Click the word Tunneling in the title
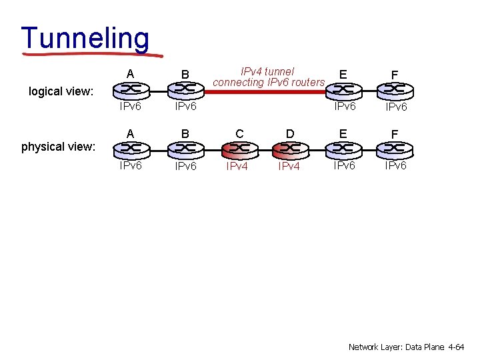[85, 38]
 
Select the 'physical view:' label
[59, 147]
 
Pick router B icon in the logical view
[185, 89]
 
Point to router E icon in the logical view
[343, 89]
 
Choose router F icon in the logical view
[395, 89]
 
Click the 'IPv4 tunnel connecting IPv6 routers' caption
[268, 77]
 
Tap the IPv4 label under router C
[237, 167]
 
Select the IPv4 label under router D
[289, 167]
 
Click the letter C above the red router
[237, 134]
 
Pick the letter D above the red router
[289, 134]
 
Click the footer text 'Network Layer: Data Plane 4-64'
[406, 347]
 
